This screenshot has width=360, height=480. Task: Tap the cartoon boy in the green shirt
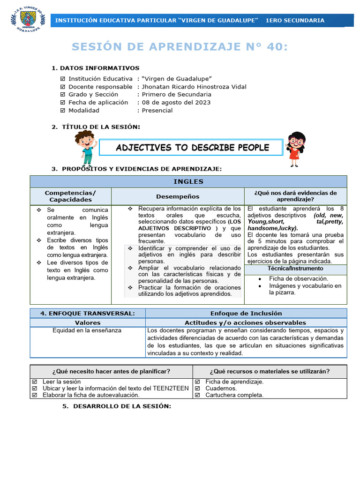[x=85, y=148]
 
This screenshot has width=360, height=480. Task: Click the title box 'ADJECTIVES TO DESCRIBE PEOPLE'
[x=192, y=148]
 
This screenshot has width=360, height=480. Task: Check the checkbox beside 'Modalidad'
[x=63, y=111]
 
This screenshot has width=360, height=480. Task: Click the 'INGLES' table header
[x=188, y=181]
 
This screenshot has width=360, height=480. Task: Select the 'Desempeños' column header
[x=178, y=196]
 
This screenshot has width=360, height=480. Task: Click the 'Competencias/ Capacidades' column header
[x=70, y=196]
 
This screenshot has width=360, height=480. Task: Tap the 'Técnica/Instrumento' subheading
[x=295, y=269]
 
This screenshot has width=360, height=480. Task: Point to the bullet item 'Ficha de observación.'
[x=299, y=278]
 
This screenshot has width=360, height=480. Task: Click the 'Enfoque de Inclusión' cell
[x=246, y=313]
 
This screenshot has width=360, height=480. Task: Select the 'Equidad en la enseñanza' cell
[x=87, y=330]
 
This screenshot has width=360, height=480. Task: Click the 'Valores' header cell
[x=88, y=322]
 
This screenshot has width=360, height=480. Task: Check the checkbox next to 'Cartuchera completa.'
[x=197, y=395]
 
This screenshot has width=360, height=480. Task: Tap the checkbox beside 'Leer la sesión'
[x=35, y=382]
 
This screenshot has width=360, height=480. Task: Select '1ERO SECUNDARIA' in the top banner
[x=294, y=21]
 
